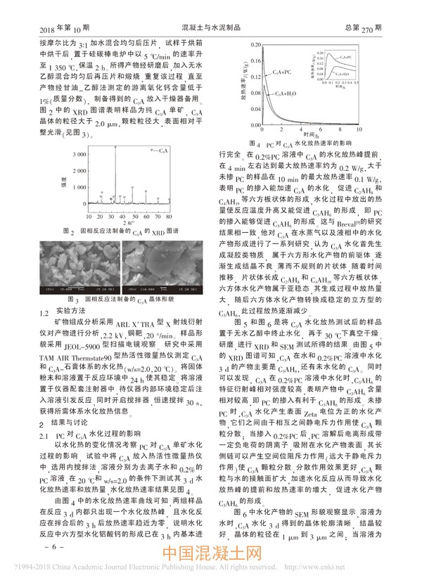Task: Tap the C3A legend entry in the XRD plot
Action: click(160, 151)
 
